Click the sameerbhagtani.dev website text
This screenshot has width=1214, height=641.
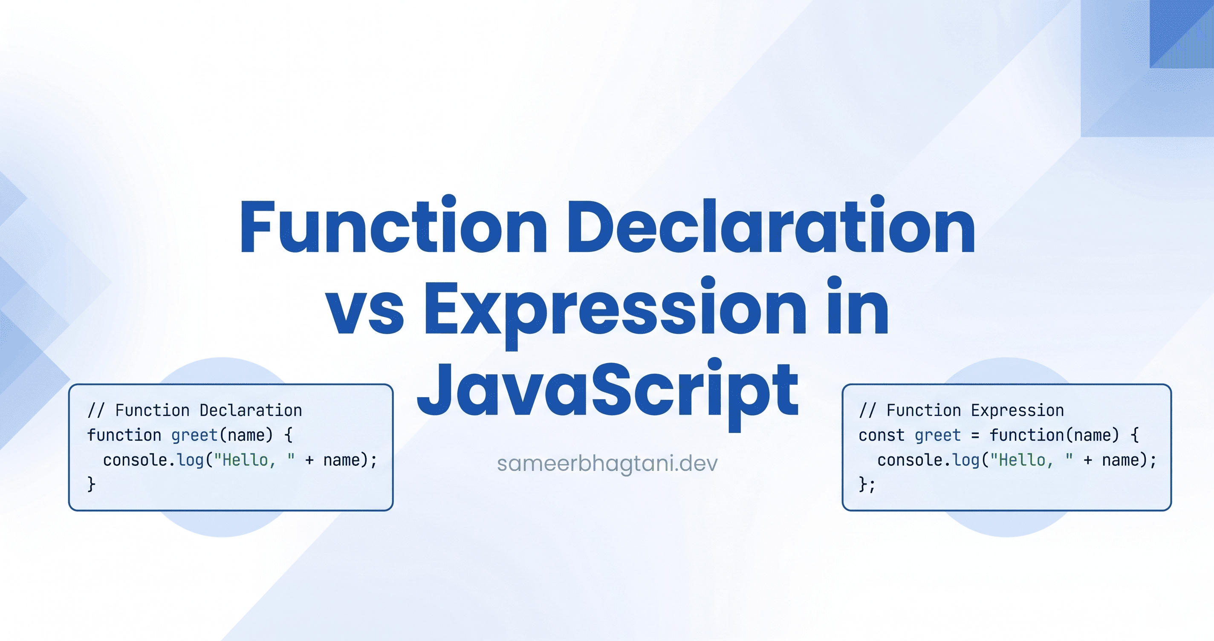click(607, 464)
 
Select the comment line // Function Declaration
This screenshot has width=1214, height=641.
click(195, 410)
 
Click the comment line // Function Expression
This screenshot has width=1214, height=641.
click(961, 410)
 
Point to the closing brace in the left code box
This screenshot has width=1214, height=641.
click(91, 485)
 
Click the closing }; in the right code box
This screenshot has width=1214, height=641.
click(867, 485)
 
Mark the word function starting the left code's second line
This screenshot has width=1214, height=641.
click(124, 435)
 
